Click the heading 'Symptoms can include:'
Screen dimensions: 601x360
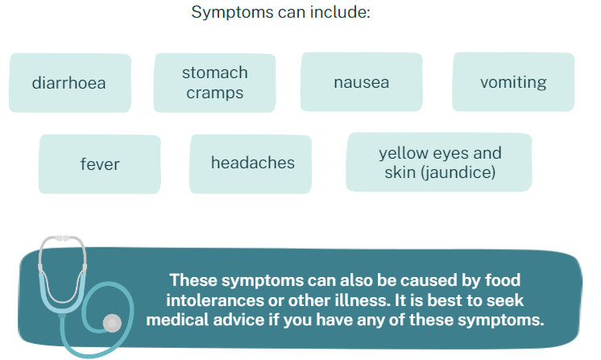(x=281, y=12)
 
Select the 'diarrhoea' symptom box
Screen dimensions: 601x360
(x=70, y=83)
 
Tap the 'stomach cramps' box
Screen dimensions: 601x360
(x=214, y=83)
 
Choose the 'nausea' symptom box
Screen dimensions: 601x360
(x=362, y=82)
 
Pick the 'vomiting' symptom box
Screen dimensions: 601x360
(x=513, y=82)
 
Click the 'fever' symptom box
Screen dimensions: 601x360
(x=100, y=164)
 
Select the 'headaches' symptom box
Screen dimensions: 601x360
(x=251, y=164)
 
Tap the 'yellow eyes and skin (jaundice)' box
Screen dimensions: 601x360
(x=439, y=162)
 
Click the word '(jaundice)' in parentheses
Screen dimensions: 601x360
(x=458, y=172)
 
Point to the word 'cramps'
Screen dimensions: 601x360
(x=214, y=93)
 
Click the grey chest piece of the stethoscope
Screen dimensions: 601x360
(x=112, y=323)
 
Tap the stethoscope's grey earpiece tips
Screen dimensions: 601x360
(x=63, y=238)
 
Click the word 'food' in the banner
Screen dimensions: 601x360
(x=503, y=280)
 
